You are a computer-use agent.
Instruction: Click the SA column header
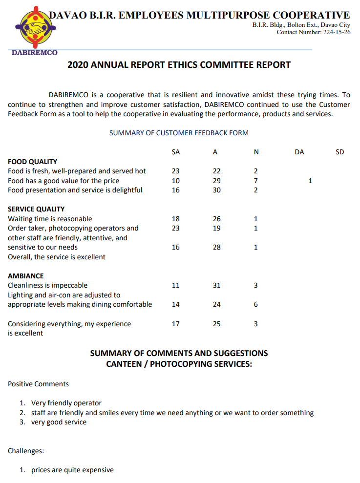176,152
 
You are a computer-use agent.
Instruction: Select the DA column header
299,152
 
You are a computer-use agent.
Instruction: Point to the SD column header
340,152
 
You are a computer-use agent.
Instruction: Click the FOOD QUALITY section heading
32,162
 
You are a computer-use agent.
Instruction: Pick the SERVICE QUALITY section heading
36,209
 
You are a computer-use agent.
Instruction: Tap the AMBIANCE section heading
25,276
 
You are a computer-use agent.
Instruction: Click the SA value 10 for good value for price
176,181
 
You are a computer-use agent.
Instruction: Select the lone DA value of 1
310,181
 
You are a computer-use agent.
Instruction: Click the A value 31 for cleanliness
216,285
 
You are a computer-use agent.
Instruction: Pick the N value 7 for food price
255,181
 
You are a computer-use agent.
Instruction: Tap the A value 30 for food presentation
216,190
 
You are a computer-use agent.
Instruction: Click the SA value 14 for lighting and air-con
176,304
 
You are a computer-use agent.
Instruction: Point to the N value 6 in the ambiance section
255,304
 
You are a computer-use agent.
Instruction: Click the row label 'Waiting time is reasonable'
50,219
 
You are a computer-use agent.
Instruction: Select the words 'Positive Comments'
38,384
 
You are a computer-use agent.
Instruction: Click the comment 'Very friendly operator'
66,403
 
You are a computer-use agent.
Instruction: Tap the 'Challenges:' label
25,451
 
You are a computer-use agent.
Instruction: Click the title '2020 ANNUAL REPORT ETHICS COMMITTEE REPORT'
179,64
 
